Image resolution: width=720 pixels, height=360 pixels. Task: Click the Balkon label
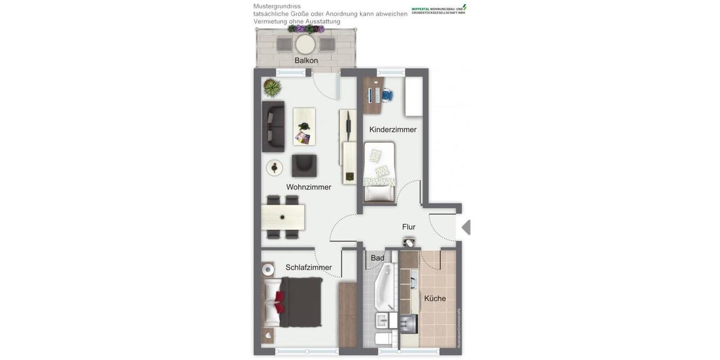[x=306, y=61]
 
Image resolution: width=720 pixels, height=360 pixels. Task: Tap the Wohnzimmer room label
[x=308, y=187]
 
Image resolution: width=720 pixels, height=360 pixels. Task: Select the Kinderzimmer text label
[x=392, y=130]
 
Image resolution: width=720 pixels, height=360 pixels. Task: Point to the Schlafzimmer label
[x=308, y=268]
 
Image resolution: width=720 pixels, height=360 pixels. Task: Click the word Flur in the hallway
[x=409, y=227]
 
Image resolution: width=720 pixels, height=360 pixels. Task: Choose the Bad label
[x=377, y=258]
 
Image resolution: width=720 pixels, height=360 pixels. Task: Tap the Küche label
[x=435, y=298]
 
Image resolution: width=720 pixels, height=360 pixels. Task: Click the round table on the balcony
[x=305, y=44]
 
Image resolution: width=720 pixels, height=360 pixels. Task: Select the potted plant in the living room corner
[x=272, y=88]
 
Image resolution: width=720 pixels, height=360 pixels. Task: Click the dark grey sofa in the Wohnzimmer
[x=273, y=127]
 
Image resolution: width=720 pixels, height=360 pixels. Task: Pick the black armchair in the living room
[x=304, y=166]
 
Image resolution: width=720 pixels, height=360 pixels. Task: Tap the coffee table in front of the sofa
[x=304, y=127]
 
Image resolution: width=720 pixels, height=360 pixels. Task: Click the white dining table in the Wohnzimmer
[x=283, y=217]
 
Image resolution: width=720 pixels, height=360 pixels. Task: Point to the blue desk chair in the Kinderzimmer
[x=387, y=95]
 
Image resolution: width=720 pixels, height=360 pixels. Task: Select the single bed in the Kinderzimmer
[x=379, y=172]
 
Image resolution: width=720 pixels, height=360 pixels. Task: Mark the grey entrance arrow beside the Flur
[x=466, y=227]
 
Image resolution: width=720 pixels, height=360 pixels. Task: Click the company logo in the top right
[x=439, y=10]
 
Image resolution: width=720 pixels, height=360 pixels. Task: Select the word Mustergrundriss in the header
[x=277, y=6]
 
